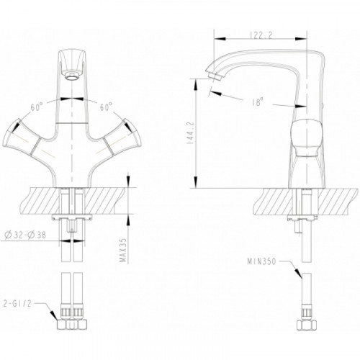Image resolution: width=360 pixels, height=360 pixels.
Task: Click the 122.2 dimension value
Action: click(261, 35)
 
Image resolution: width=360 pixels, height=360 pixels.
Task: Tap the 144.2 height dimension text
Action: click(192, 132)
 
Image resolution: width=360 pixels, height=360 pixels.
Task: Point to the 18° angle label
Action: click(258, 102)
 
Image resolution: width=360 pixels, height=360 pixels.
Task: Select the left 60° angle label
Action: click(37, 107)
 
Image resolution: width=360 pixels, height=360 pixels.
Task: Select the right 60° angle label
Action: click(106, 107)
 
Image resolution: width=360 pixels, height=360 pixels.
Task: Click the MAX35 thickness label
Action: click(123, 251)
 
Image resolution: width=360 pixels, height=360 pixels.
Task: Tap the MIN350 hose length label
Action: click(262, 261)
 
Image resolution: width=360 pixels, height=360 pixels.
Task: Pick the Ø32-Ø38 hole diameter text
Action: click(25, 235)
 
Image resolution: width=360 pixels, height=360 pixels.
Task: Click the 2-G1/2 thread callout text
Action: click(17, 304)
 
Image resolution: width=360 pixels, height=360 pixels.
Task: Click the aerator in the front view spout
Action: click(71, 76)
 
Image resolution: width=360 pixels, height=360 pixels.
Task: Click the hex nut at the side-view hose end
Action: click(307, 325)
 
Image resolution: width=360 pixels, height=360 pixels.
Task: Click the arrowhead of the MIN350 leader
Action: click(298, 274)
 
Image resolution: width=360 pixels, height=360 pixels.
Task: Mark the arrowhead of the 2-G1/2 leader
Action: click(53, 315)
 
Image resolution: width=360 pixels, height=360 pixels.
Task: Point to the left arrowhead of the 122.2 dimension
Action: click(220, 39)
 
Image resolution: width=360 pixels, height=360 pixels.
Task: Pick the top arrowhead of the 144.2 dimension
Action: click(196, 84)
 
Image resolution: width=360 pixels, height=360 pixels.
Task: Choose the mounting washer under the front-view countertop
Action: click(72, 217)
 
